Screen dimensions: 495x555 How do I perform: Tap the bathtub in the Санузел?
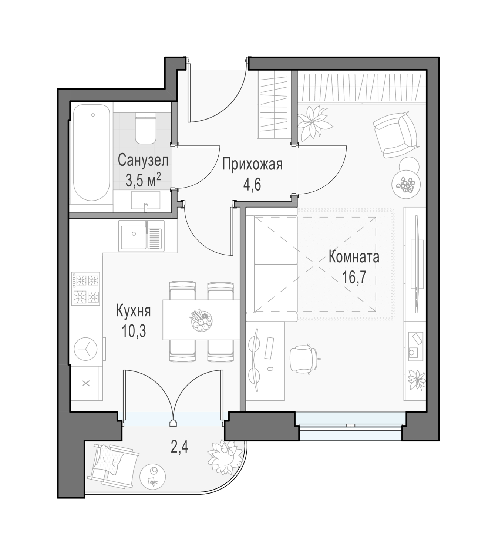[x=92, y=152]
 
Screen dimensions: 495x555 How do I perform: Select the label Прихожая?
[x=252, y=165]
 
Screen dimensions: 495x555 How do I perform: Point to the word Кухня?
[x=134, y=311]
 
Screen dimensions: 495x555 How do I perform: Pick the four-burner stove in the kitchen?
[x=85, y=289]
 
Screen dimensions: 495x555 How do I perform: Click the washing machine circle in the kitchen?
[x=85, y=349]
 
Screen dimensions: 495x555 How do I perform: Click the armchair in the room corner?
[x=396, y=134]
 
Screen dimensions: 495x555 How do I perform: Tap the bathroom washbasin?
[x=146, y=201]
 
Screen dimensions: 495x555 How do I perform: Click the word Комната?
[x=354, y=257]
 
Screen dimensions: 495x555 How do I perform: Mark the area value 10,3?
[x=134, y=331]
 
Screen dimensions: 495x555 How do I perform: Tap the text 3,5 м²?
[x=143, y=180]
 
